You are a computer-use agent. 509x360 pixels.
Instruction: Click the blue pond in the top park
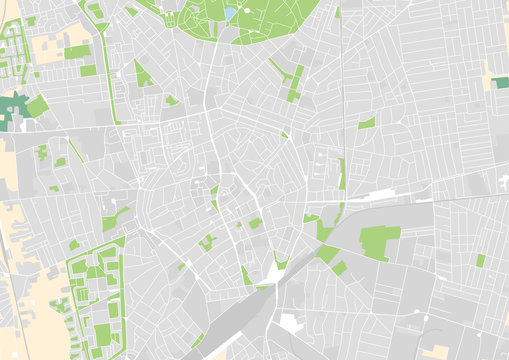(x=231, y=14)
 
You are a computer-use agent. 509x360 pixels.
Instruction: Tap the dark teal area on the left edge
(x=12, y=108)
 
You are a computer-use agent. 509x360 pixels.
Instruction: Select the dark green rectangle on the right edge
(x=501, y=82)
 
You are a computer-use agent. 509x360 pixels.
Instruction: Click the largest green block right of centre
(x=379, y=241)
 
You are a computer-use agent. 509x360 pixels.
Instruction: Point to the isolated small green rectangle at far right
(x=480, y=260)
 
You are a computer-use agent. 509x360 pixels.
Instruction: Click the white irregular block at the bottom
(x=290, y=323)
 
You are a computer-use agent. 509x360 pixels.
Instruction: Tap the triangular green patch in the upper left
(x=143, y=75)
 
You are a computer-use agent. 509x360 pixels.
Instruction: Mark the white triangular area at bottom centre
(x=276, y=272)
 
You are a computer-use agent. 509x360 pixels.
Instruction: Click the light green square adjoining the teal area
(x=37, y=105)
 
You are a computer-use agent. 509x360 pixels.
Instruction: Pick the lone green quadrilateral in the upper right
(x=367, y=123)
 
